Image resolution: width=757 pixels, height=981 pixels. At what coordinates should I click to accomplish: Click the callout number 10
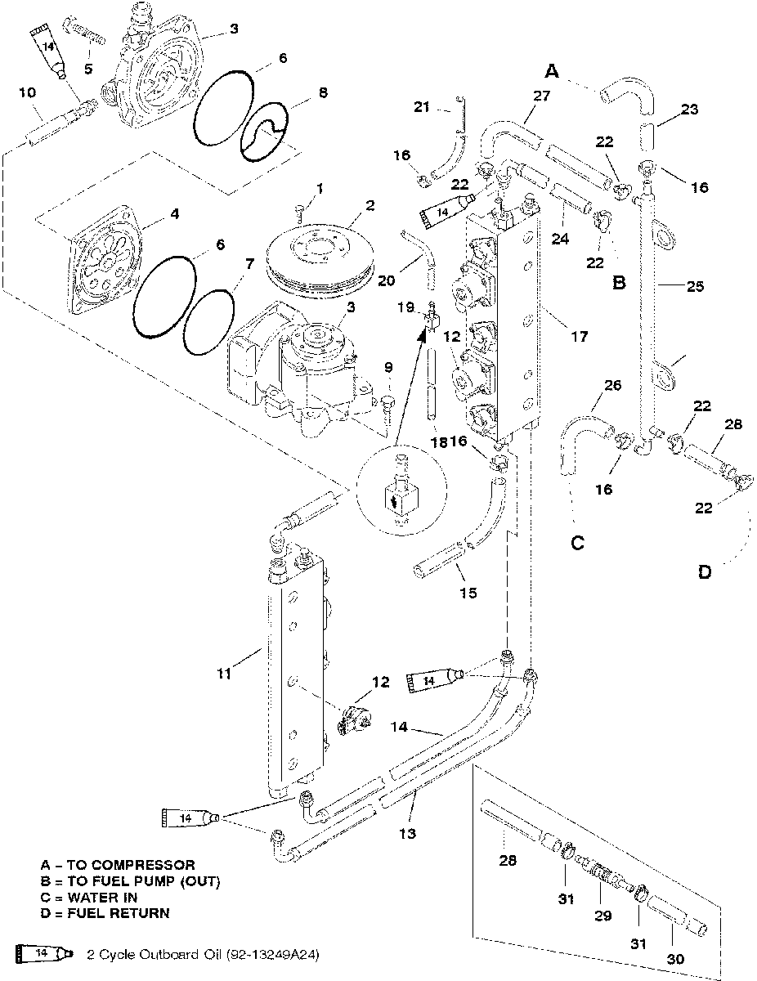(27, 92)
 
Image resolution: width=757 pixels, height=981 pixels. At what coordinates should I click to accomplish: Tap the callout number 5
(88, 69)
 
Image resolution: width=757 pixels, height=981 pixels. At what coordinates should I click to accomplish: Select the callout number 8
(323, 92)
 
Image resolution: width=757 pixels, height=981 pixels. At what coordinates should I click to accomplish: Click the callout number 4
(175, 213)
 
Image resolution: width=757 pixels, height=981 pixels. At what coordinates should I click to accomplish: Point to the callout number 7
(249, 264)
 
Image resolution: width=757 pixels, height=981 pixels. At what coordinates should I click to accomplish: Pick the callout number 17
(580, 336)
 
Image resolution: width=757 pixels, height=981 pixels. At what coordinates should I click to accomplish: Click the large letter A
(552, 71)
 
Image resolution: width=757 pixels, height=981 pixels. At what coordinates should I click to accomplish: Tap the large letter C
(578, 543)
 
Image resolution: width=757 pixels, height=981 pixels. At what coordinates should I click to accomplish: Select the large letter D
(705, 572)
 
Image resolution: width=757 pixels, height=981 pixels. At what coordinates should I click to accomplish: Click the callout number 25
(695, 286)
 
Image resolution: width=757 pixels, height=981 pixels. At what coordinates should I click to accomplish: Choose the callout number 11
(224, 674)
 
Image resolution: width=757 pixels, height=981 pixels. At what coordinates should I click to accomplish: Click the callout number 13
(407, 833)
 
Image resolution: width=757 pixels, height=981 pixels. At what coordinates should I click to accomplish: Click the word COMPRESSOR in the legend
(131, 865)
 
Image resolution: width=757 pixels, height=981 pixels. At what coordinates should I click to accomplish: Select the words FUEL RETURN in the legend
(119, 913)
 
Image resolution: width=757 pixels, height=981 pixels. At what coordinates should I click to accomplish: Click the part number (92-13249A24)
(272, 954)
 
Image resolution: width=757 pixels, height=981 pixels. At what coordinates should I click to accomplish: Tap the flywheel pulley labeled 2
(320, 261)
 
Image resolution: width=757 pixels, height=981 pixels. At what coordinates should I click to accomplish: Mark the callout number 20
(386, 280)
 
